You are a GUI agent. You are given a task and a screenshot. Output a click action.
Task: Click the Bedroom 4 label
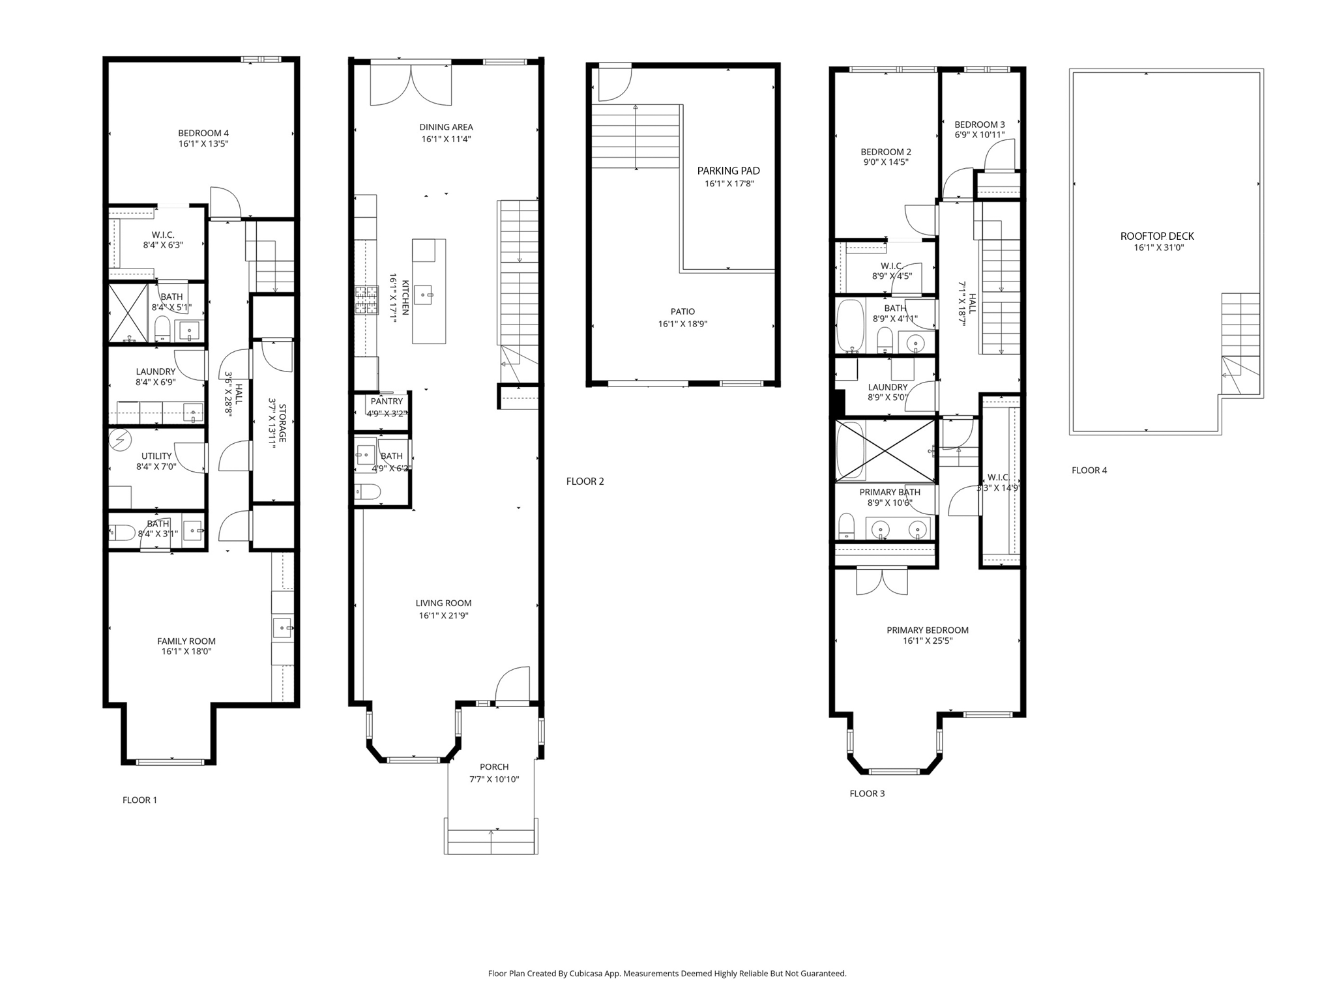(203, 133)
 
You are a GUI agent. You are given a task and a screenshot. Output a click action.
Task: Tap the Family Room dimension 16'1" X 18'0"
(186, 651)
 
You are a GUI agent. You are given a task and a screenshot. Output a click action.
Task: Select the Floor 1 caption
(139, 800)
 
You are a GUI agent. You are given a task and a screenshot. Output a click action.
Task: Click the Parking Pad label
(728, 171)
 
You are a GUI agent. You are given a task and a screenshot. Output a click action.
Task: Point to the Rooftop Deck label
(1157, 236)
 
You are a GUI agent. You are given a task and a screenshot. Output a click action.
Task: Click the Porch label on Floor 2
(494, 766)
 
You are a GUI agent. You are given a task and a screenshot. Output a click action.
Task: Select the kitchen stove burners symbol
(366, 300)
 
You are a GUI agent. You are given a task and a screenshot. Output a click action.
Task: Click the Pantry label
(387, 401)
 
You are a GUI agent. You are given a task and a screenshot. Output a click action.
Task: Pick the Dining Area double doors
(411, 83)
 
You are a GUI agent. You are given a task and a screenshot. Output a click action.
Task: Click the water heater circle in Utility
(120, 440)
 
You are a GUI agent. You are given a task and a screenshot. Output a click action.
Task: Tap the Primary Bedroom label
(927, 630)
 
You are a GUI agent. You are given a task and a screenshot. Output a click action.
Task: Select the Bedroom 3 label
(979, 124)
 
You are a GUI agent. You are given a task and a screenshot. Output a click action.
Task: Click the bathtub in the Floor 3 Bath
(849, 325)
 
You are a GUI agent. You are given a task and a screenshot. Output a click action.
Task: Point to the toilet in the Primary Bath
(846, 525)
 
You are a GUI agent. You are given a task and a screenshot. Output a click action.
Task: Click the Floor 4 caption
(1089, 470)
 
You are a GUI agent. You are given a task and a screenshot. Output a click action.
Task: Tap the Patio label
(682, 312)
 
